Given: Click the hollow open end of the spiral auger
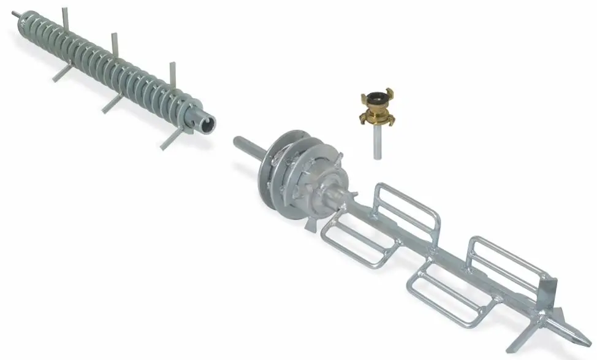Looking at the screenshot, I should tap(207, 122).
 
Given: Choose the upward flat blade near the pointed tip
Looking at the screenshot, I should tap(550, 292).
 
